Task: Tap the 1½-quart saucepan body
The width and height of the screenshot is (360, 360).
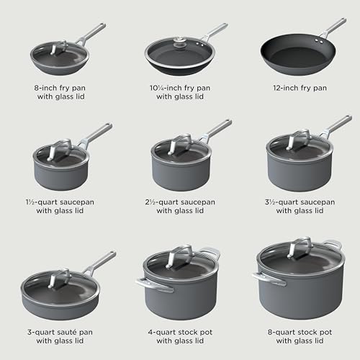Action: coord(59,176)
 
